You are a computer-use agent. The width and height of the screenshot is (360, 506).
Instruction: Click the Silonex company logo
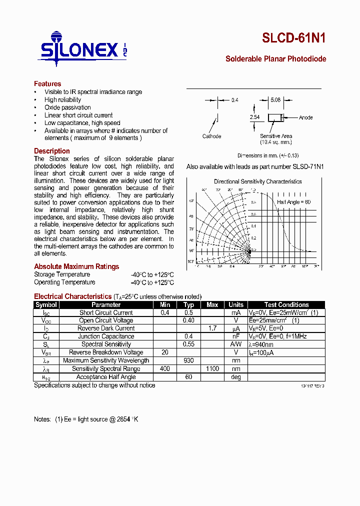click(x=82, y=49)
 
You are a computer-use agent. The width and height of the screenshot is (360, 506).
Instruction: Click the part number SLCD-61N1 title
click(x=294, y=39)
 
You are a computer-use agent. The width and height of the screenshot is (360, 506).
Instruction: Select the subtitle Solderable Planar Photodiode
click(x=275, y=59)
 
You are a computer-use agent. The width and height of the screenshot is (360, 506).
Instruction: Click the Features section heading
click(x=47, y=84)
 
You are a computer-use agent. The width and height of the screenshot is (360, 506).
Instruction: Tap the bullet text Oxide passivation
click(x=67, y=107)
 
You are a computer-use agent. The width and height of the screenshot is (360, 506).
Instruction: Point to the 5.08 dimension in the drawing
click(x=275, y=100)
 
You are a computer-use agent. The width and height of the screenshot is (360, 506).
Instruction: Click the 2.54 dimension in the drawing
click(x=254, y=117)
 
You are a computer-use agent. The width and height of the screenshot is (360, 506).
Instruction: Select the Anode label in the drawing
click(x=305, y=117)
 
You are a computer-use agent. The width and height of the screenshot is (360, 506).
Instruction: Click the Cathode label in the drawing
click(x=211, y=136)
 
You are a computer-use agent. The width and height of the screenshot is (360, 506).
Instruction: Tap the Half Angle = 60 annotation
click(x=293, y=202)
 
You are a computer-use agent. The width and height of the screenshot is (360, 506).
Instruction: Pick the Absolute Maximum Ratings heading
click(x=76, y=266)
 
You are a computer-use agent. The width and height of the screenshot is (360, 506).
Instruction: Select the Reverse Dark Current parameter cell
click(x=106, y=328)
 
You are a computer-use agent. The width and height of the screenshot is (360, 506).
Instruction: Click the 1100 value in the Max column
click(x=212, y=368)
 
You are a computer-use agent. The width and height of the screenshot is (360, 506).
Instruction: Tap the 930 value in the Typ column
click(x=188, y=360)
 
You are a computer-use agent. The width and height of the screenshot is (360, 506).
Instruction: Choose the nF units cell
click(x=236, y=336)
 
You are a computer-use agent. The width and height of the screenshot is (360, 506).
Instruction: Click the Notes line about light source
click(x=86, y=419)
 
